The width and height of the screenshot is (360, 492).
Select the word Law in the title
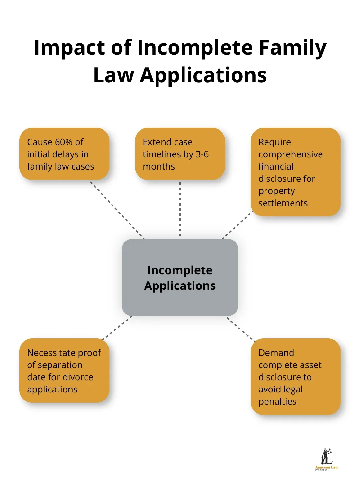113,75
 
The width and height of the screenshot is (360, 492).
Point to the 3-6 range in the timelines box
202,154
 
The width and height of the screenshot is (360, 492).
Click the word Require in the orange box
274,142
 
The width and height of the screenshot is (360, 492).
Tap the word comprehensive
290,154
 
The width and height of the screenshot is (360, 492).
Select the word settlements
283,203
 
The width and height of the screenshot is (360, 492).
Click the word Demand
276,353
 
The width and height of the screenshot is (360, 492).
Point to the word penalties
277,402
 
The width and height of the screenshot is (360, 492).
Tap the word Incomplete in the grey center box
180,270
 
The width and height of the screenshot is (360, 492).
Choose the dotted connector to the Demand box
240,329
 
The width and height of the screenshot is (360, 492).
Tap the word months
159,167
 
